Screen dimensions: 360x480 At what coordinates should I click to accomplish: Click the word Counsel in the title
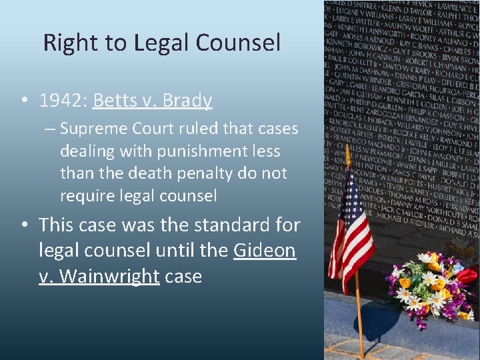coord(238,43)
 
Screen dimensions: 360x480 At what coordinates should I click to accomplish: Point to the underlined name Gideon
coord(265,251)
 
